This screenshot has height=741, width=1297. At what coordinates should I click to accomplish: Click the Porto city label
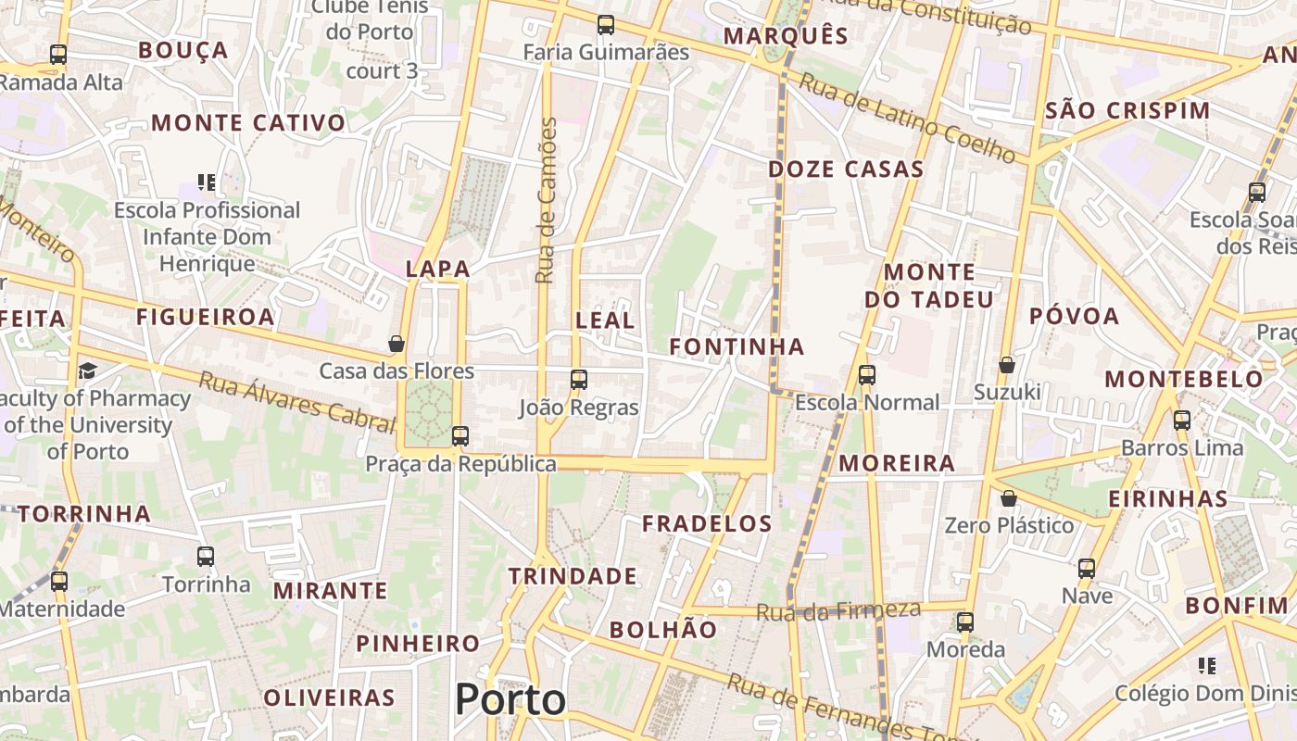tap(510, 699)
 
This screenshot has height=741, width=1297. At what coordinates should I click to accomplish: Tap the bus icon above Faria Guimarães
tap(606, 25)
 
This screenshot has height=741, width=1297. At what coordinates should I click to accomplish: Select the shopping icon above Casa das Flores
tap(397, 344)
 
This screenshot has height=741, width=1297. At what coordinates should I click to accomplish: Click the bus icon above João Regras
tap(579, 379)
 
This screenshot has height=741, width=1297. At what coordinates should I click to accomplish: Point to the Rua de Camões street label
tap(547, 200)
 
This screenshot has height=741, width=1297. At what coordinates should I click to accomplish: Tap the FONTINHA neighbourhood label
tap(737, 347)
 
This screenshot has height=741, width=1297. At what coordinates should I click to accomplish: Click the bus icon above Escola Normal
tap(867, 375)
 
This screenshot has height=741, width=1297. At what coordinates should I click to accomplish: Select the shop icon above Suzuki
tap(1007, 365)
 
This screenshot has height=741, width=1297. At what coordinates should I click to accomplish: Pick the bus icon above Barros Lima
tap(1182, 420)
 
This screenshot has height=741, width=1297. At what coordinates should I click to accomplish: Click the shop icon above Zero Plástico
tap(1009, 498)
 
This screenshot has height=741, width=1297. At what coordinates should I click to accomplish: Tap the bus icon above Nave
tap(1087, 568)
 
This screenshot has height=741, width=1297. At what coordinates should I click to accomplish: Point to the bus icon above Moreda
tap(965, 622)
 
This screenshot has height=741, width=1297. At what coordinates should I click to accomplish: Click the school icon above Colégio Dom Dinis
tap(1206, 665)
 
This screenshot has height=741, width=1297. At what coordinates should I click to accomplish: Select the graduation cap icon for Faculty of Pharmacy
tap(87, 370)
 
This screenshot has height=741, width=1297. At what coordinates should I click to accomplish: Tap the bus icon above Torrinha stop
tap(206, 557)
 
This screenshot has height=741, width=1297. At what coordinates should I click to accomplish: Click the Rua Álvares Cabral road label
tap(297, 402)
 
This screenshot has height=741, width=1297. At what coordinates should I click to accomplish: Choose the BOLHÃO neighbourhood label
tap(663, 630)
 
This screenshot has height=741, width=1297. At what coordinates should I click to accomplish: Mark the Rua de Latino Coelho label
tap(907, 118)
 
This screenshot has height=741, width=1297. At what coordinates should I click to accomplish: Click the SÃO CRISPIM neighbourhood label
tap(1127, 111)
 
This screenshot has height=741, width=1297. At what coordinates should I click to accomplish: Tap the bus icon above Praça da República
tap(460, 435)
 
